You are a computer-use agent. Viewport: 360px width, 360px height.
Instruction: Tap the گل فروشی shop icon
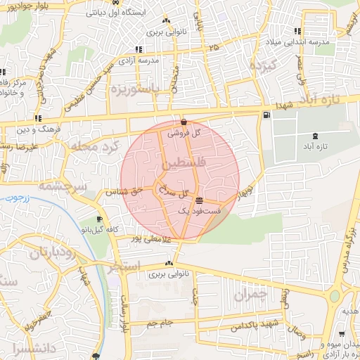pos(184,122)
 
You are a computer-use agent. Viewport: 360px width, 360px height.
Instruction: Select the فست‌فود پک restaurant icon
pos(200,200)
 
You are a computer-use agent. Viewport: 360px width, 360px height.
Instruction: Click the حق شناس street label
pos(124,191)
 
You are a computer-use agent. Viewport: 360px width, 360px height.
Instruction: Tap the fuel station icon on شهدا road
pos(265,115)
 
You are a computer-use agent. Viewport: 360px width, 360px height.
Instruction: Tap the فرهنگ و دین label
pos(32,130)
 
